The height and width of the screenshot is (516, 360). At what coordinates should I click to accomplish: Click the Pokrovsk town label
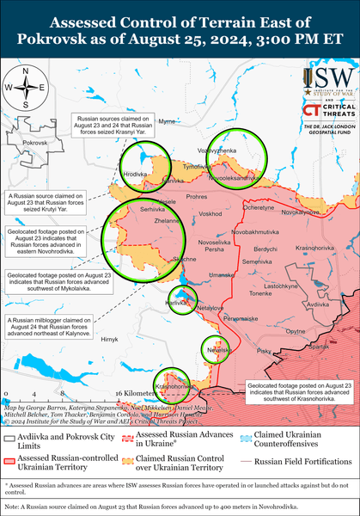[34, 141]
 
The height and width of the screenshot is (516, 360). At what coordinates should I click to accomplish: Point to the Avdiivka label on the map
[318, 304]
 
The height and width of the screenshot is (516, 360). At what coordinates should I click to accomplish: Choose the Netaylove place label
[211, 307]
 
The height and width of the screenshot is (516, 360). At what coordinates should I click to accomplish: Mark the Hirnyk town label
[108, 341]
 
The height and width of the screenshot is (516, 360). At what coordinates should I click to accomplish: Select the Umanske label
[221, 274]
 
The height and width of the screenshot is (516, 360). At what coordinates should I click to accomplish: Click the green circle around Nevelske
[214, 350]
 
